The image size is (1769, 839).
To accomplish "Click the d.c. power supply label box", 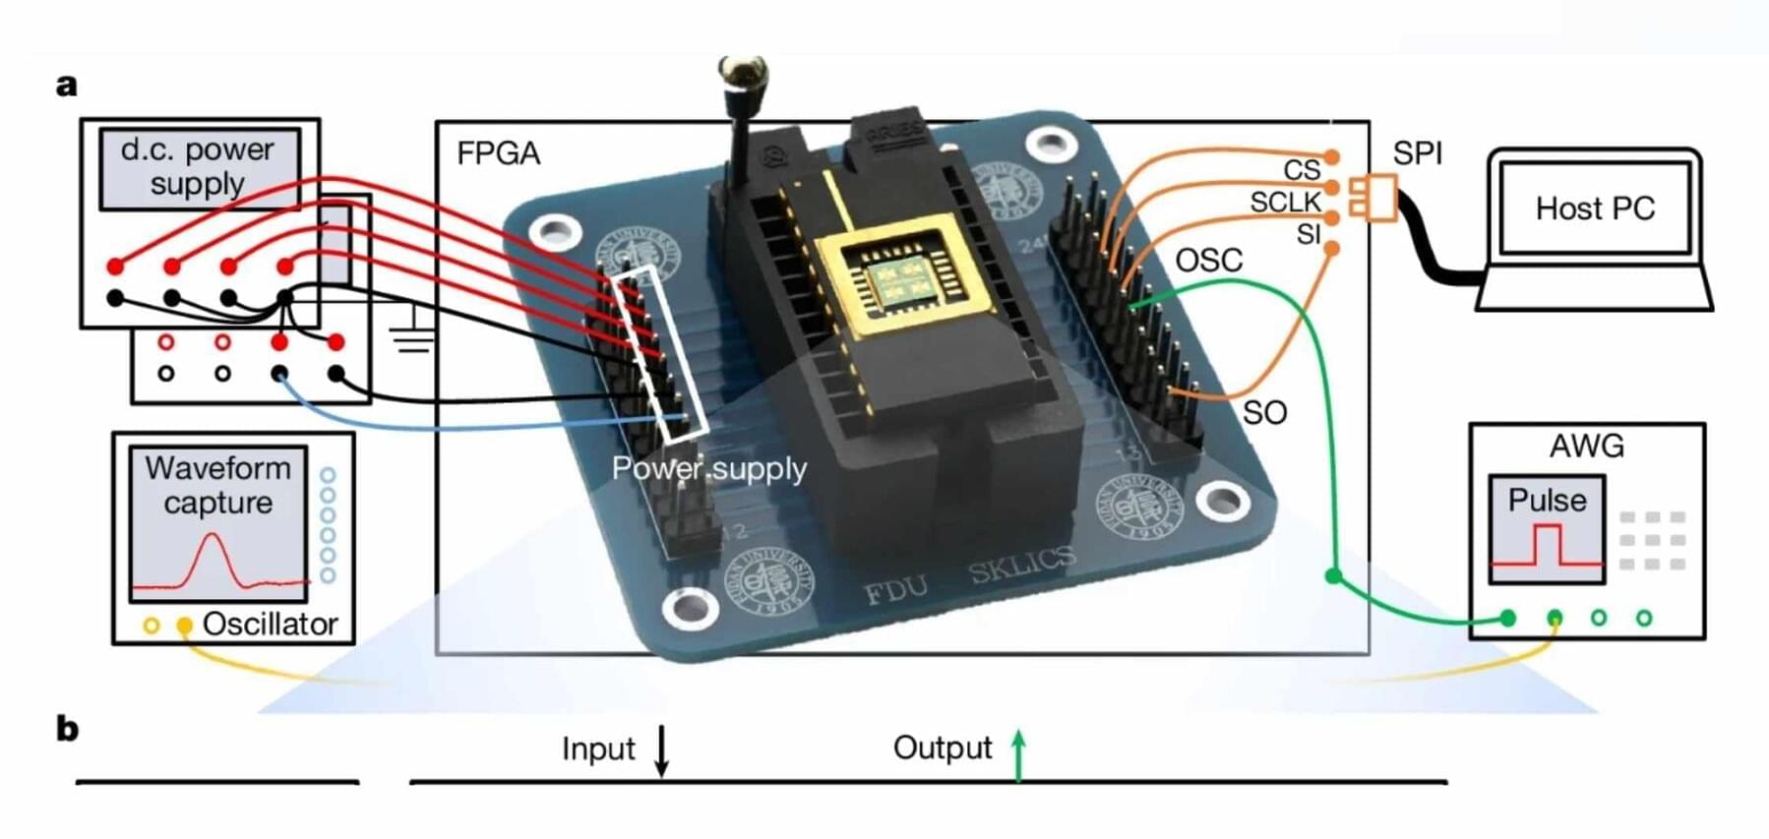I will (x=199, y=167).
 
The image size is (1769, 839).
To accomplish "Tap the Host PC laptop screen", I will (x=1594, y=209).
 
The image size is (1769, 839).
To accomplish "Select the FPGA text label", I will (x=499, y=153).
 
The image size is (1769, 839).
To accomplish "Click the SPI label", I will (x=1418, y=153).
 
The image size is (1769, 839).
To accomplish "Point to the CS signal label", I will (x=1302, y=170).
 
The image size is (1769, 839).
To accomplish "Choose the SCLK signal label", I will (x=1285, y=203).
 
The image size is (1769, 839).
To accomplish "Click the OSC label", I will (x=1209, y=261).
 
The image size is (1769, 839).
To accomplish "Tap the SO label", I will (x=1264, y=413).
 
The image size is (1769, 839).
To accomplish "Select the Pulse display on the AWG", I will (x=1547, y=529).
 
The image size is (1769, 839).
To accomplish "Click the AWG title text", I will (x=1586, y=447).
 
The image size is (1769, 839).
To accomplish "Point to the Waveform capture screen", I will (x=218, y=523).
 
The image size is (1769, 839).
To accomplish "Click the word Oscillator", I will (x=270, y=625).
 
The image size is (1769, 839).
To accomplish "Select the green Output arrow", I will (x=1019, y=755).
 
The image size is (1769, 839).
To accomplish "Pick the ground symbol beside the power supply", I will (x=411, y=334).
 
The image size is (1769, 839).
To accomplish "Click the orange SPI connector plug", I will (x=1373, y=197).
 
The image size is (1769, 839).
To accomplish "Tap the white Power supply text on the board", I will (x=708, y=469).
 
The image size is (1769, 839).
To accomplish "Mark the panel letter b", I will (x=67, y=730).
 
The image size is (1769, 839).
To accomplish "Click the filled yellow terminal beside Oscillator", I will (x=184, y=626).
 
